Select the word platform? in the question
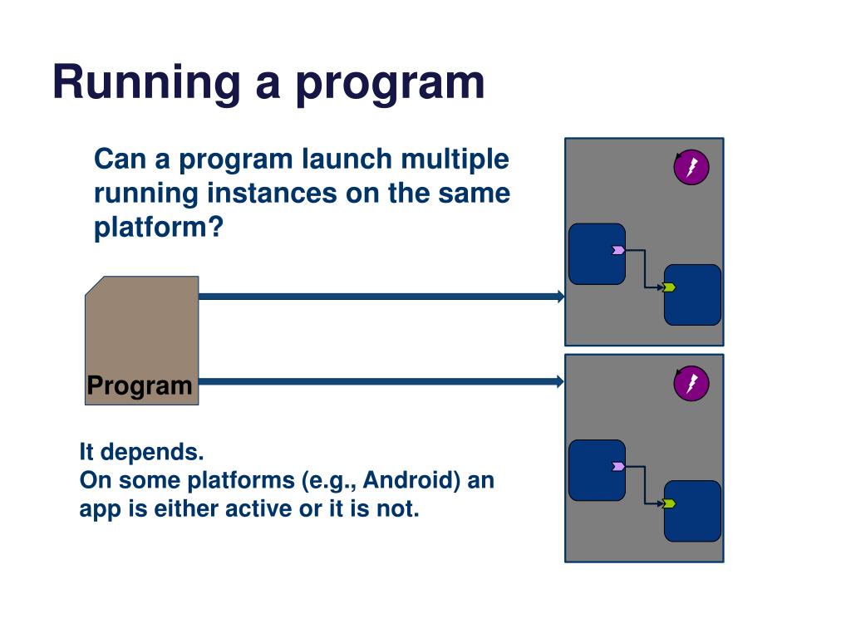point(159,228)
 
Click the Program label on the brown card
point(140,386)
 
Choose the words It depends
point(141,453)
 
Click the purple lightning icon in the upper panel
point(691,169)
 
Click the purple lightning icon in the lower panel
point(691,384)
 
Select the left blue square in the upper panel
point(596,253)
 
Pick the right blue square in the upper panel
point(693,295)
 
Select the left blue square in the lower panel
point(596,470)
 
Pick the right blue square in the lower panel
point(693,511)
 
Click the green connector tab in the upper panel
point(669,287)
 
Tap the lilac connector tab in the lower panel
point(618,467)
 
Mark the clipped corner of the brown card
point(93,285)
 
